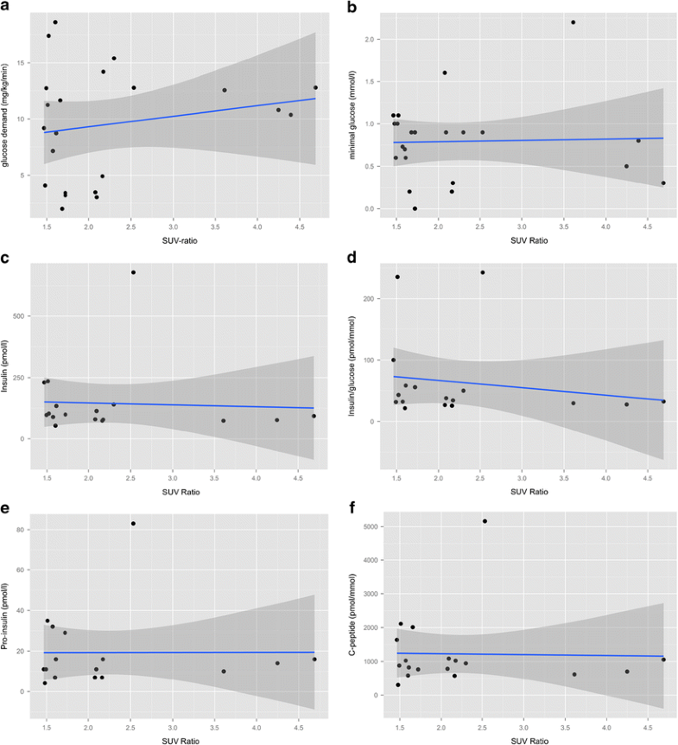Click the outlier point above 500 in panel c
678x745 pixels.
[133, 272]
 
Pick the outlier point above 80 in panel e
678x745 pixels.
[133, 523]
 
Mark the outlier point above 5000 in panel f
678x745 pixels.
[485, 521]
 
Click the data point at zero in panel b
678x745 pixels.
[415, 208]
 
